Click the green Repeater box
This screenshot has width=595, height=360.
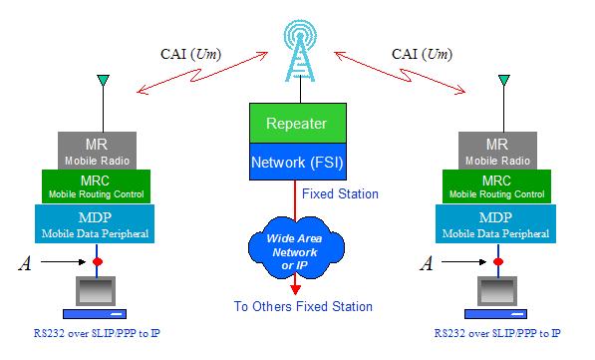coord(296,123)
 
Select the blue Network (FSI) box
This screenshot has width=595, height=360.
coord(296,161)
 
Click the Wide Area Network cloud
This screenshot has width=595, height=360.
coord(296,244)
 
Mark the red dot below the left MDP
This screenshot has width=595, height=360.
coord(98,262)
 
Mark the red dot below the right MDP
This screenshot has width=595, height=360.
coord(497,262)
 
